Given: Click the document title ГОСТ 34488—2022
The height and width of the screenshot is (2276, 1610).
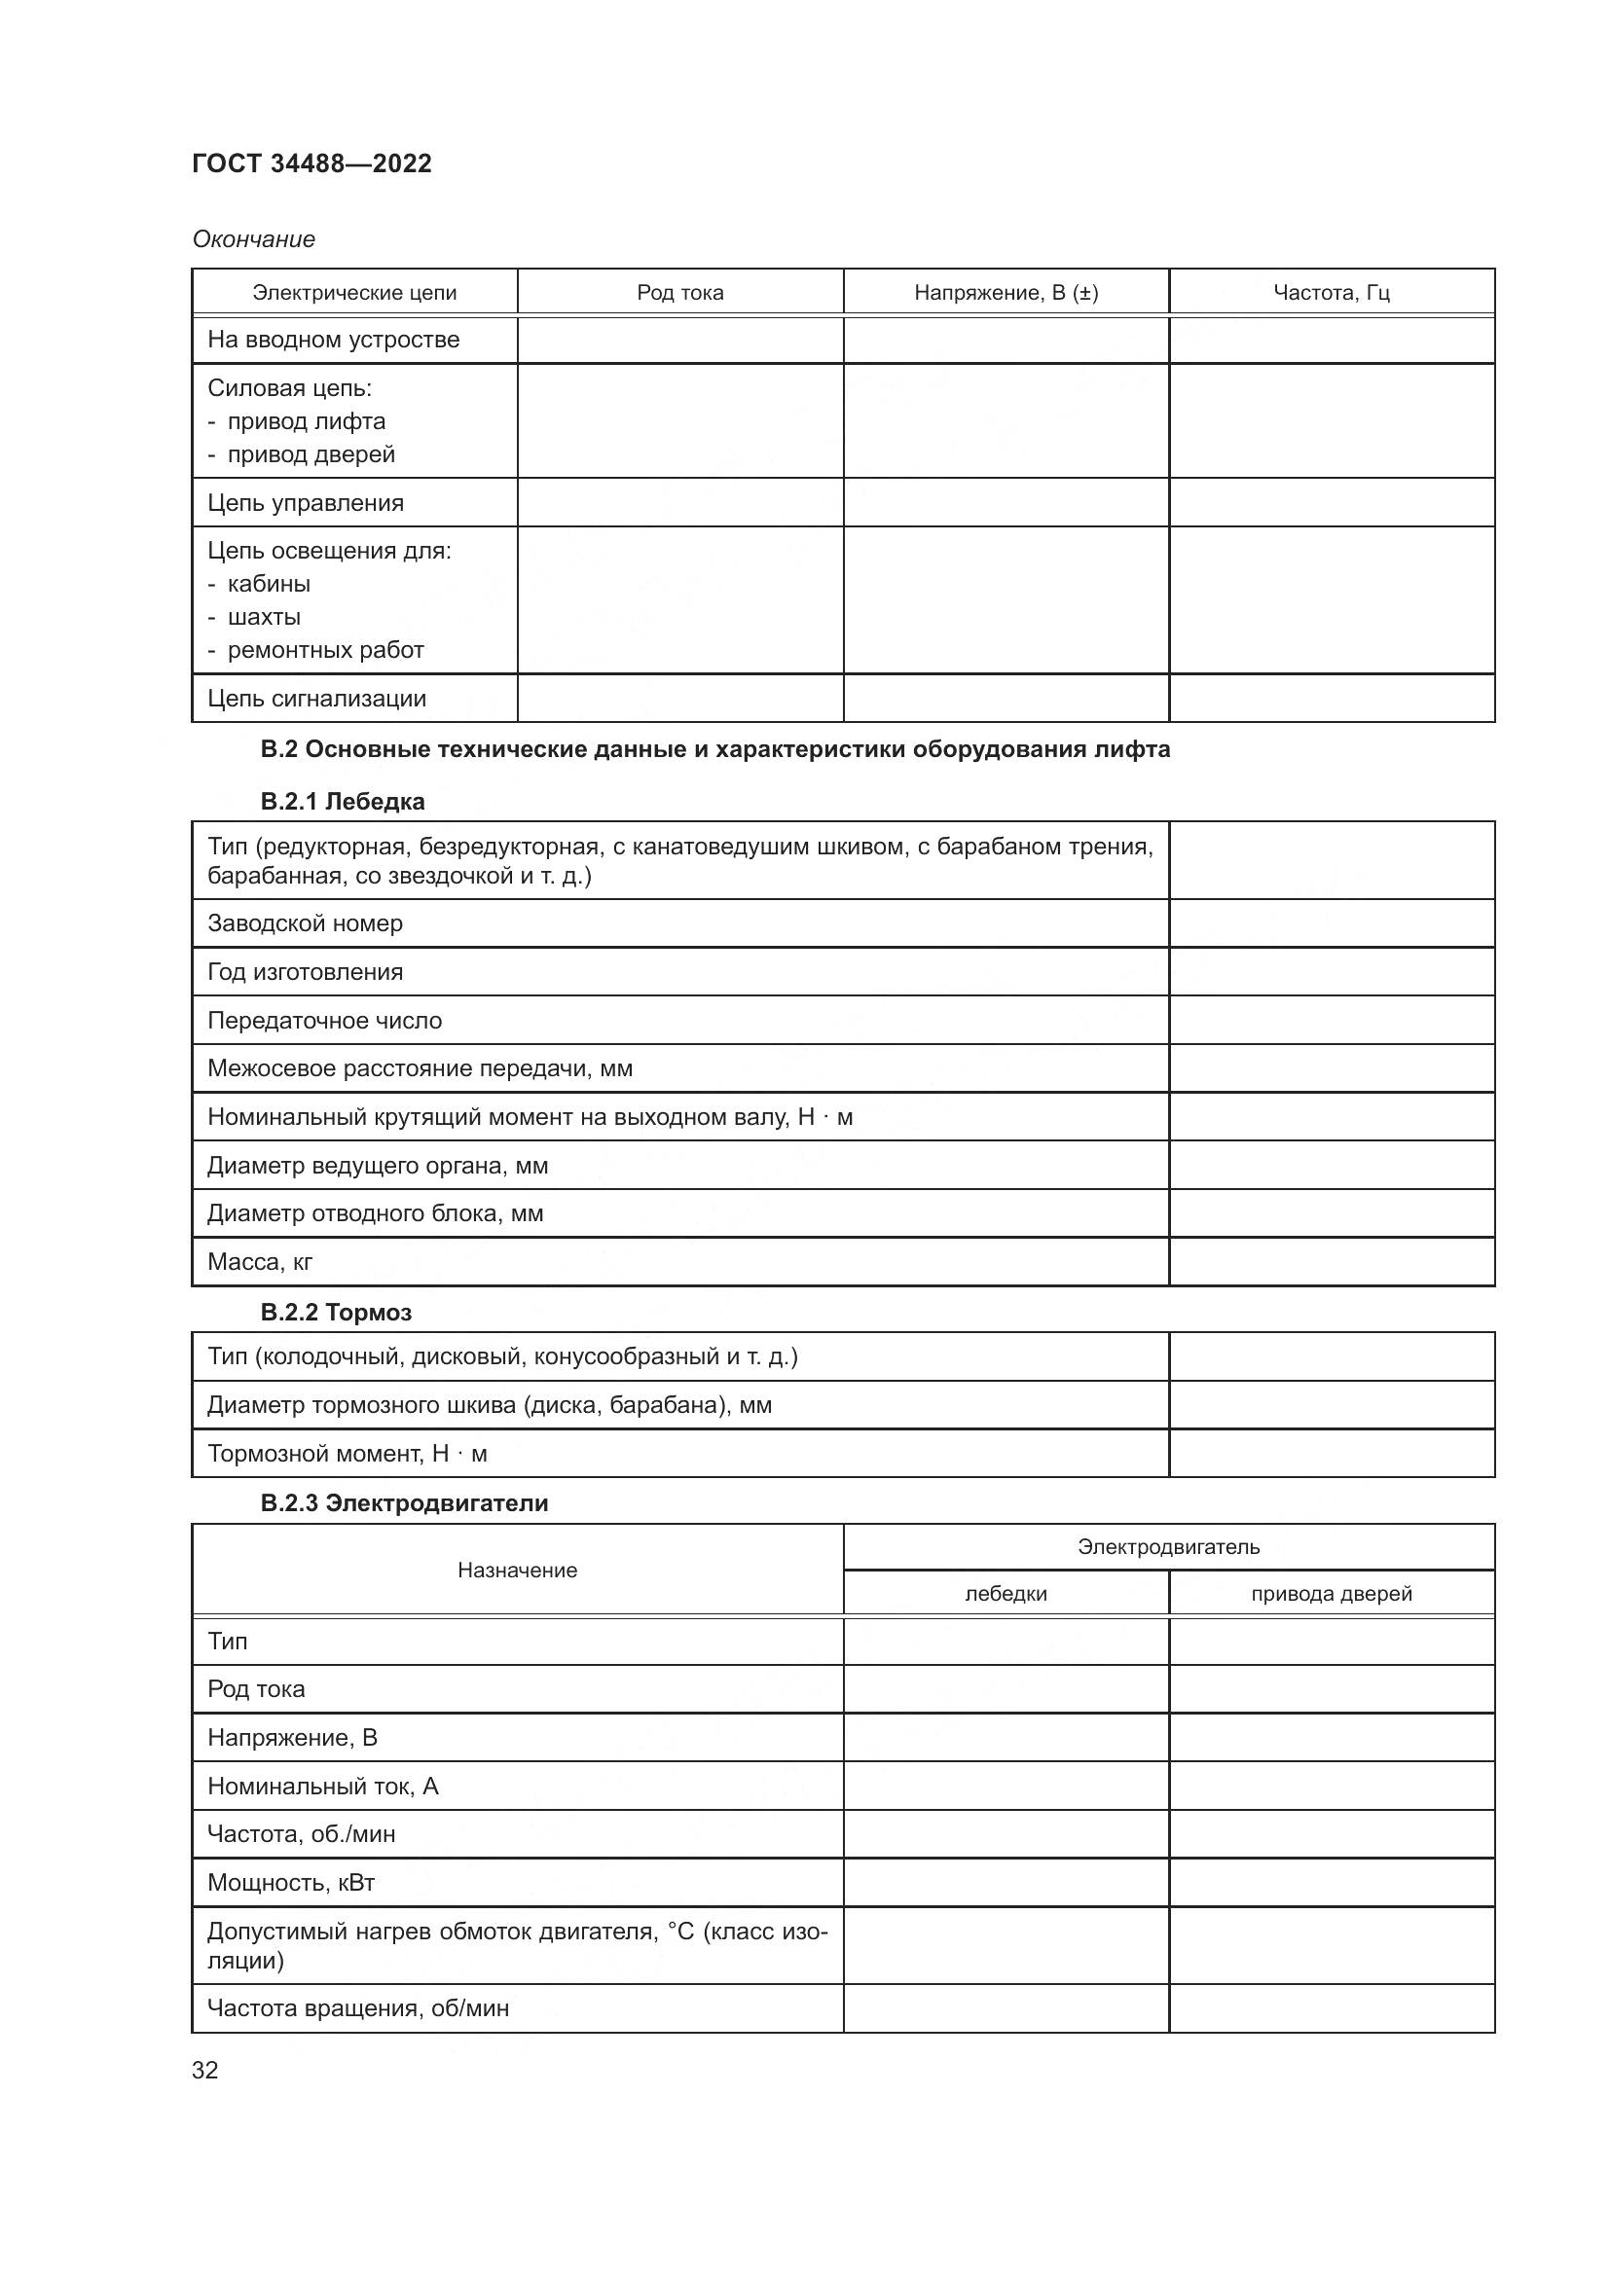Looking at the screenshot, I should pyautogui.click(x=311, y=163).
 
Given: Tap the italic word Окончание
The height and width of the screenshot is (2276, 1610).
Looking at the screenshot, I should pyautogui.click(x=254, y=239).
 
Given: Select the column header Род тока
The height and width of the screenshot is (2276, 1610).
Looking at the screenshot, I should pyautogui.click(x=680, y=293).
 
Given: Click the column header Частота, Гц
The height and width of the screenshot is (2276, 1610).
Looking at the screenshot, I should pyautogui.click(x=1332, y=293).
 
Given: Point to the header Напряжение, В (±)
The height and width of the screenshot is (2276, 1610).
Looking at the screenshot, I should pyautogui.click(x=1006, y=293).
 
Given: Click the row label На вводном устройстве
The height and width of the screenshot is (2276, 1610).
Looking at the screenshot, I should pyautogui.click(x=333, y=340).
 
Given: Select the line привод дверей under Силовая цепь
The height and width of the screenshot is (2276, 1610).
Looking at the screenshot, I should pyautogui.click(x=311, y=454).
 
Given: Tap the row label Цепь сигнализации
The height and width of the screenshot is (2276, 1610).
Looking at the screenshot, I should pyautogui.click(x=316, y=699).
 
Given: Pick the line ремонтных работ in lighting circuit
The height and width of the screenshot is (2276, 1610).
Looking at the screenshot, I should pyautogui.click(x=325, y=650).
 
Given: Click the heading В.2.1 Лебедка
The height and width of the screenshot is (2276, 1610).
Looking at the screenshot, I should pyautogui.click(x=342, y=801).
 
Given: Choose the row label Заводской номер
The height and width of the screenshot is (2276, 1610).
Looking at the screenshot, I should pyautogui.click(x=305, y=923).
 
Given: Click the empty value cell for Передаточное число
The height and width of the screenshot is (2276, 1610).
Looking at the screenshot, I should pyautogui.click(x=1332, y=1020).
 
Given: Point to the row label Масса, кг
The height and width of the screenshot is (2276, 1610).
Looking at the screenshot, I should pyautogui.click(x=260, y=1262).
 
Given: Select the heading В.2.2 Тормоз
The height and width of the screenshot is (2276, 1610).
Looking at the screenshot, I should pyautogui.click(x=335, y=1313).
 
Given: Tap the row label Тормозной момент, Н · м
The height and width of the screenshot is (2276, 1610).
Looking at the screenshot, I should pyautogui.click(x=347, y=1453).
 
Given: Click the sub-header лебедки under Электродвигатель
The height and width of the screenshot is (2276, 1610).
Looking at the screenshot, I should pyautogui.click(x=1006, y=1593).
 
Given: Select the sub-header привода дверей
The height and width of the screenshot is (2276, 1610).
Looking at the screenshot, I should pyautogui.click(x=1332, y=1593).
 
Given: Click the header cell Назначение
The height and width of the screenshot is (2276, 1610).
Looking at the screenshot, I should pyautogui.click(x=517, y=1571).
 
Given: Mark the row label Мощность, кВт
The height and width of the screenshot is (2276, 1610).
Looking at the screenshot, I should pyautogui.click(x=290, y=1883).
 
